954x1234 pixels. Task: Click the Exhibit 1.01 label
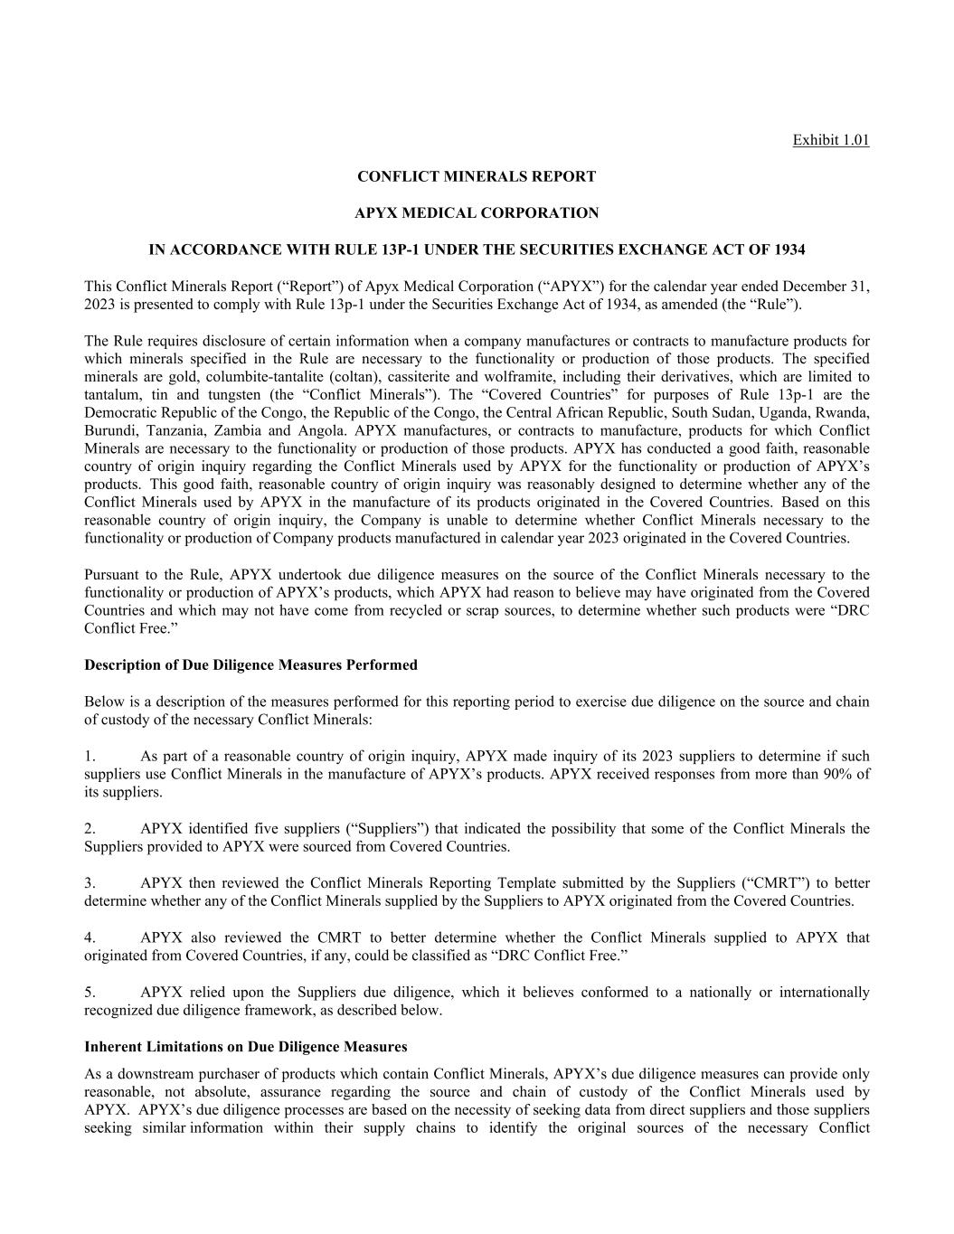click(830, 140)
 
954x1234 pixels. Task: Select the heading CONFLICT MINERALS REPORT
click(477, 176)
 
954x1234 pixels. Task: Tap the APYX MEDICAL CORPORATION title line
click(477, 213)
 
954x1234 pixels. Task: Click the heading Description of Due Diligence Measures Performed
click(250, 665)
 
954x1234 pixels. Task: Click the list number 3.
click(90, 883)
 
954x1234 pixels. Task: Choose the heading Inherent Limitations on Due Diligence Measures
click(245, 1047)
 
